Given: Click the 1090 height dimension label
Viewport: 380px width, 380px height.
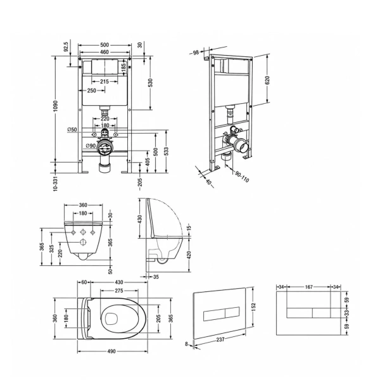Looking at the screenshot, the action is pyautogui.click(x=56, y=106).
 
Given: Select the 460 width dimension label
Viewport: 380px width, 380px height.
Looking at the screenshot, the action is pyautogui.click(x=104, y=52).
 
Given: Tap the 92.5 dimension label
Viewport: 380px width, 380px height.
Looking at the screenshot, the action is pyautogui.click(x=66, y=46).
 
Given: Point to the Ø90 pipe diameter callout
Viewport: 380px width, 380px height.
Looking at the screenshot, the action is pyautogui.click(x=91, y=146).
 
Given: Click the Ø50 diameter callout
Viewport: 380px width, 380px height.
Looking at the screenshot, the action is pyautogui.click(x=72, y=130).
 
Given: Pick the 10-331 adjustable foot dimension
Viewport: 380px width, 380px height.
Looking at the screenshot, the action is pyautogui.click(x=56, y=183).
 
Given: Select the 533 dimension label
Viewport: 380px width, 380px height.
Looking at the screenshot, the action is pyautogui.click(x=166, y=151).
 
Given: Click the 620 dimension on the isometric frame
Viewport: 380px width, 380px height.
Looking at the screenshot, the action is pyautogui.click(x=267, y=80).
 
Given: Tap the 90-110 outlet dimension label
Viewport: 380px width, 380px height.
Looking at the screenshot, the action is pyautogui.click(x=242, y=176).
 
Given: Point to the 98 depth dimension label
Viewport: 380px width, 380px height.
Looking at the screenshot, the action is pyautogui.click(x=196, y=53).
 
